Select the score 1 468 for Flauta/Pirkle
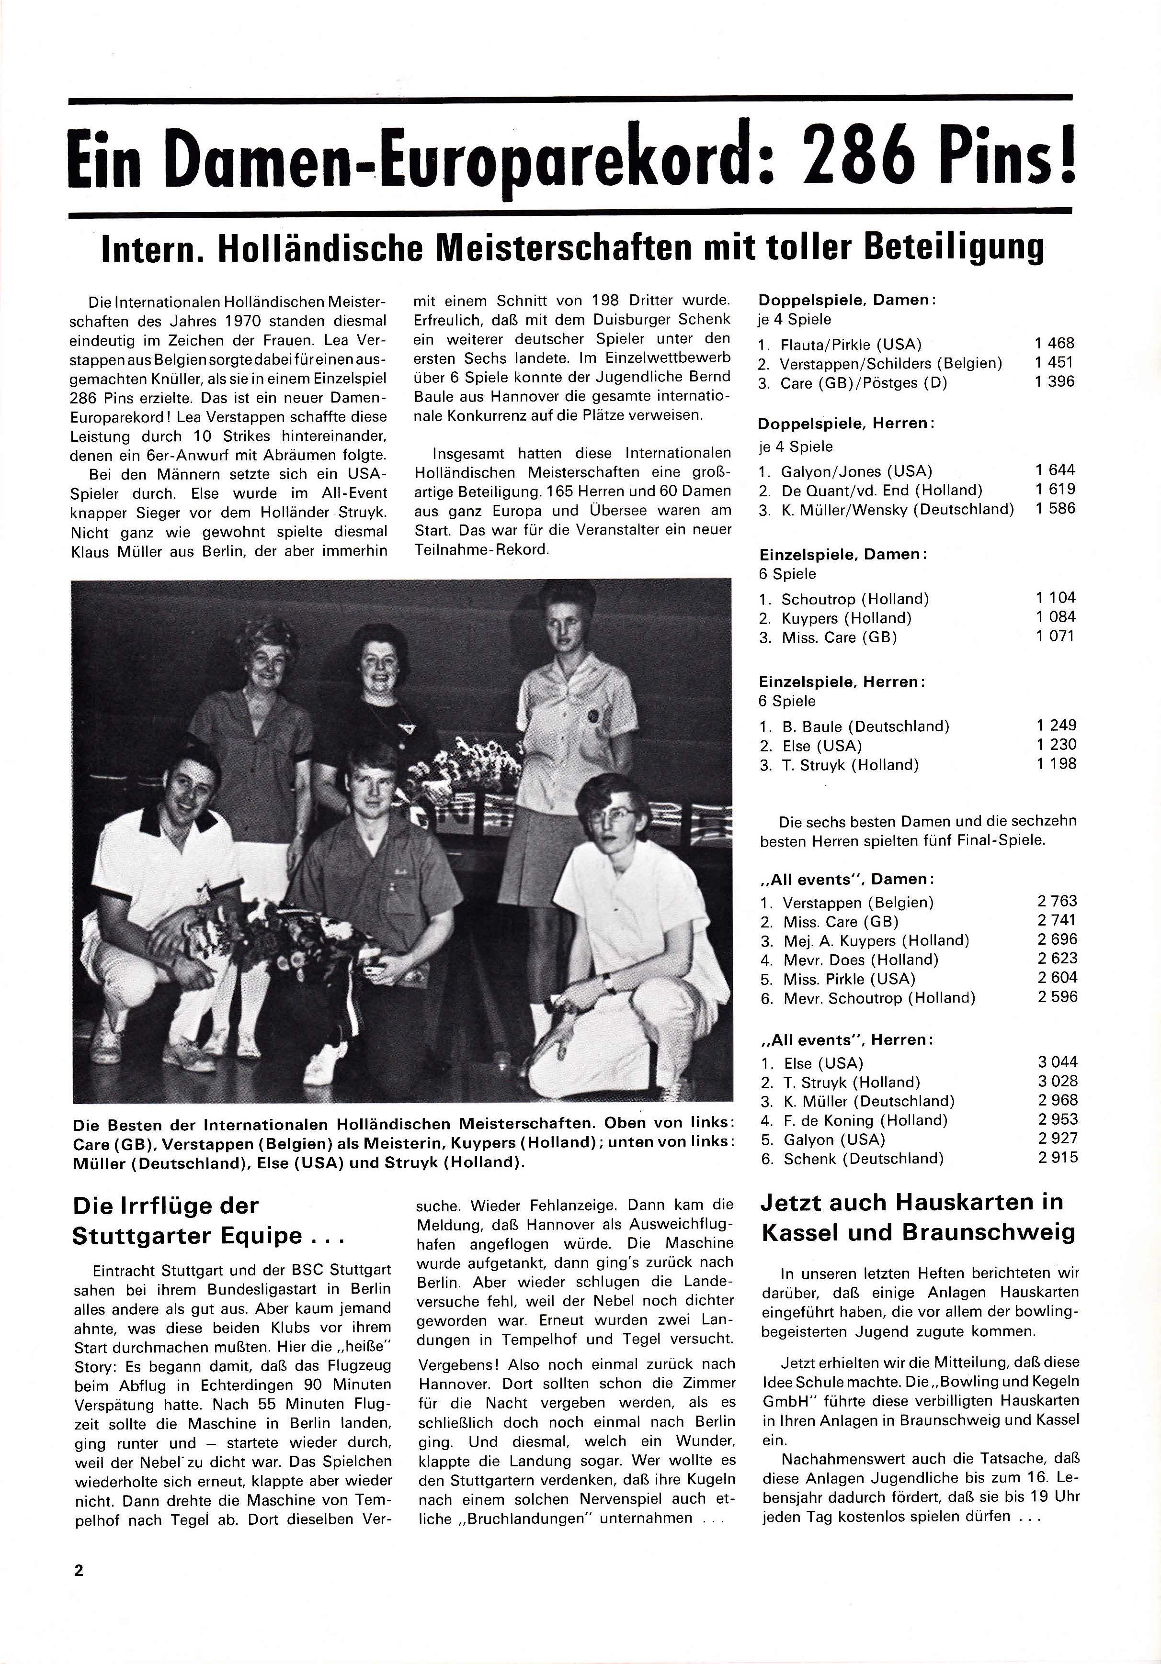click(x=1055, y=344)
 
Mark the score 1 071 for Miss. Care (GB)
click(x=1056, y=637)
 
